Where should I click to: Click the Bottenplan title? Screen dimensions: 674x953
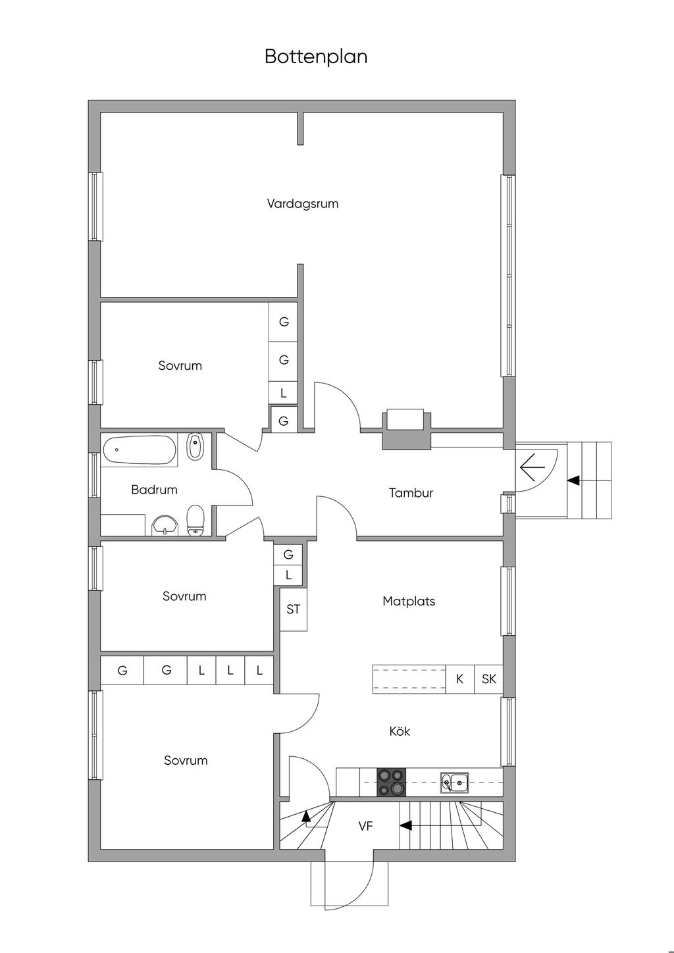[x=316, y=57]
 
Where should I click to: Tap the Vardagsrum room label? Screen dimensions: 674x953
[x=303, y=204]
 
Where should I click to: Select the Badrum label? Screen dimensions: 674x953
[x=154, y=490]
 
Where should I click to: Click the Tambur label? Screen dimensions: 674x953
[x=411, y=493]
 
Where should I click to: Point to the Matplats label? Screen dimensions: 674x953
[x=409, y=601]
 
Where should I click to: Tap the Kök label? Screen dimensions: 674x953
[x=400, y=731]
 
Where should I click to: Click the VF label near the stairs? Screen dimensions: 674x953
[x=365, y=826]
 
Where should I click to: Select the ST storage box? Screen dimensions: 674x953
[x=293, y=609]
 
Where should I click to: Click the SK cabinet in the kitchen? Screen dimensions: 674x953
[x=489, y=679]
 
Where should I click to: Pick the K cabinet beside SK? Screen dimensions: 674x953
[x=460, y=679]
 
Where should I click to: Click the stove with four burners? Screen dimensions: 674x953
[x=392, y=782]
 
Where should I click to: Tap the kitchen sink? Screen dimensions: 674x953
[x=454, y=783]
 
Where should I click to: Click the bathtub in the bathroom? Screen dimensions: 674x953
[x=139, y=450]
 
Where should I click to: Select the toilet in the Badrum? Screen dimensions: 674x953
[x=195, y=521]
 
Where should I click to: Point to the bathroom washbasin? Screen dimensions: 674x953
[x=165, y=525]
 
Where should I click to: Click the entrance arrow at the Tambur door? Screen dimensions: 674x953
[x=532, y=467]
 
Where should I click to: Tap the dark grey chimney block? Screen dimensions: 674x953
[x=406, y=438]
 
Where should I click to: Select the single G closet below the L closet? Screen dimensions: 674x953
[x=284, y=421]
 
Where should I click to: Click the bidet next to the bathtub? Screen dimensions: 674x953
[x=195, y=446]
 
